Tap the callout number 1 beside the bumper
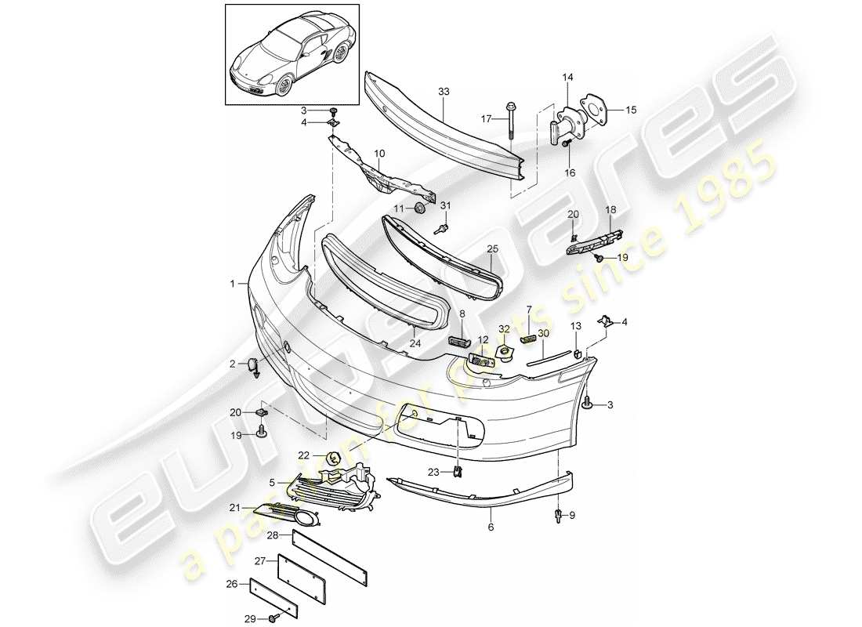tap(232, 284)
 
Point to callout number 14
tap(568, 77)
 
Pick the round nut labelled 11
tap(420, 208)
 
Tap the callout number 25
tap(493, 248)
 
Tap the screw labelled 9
tap(558, 515)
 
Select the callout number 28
tap(272, 535)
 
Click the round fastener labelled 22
tap(333, 455)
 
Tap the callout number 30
tap(542, 333)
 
